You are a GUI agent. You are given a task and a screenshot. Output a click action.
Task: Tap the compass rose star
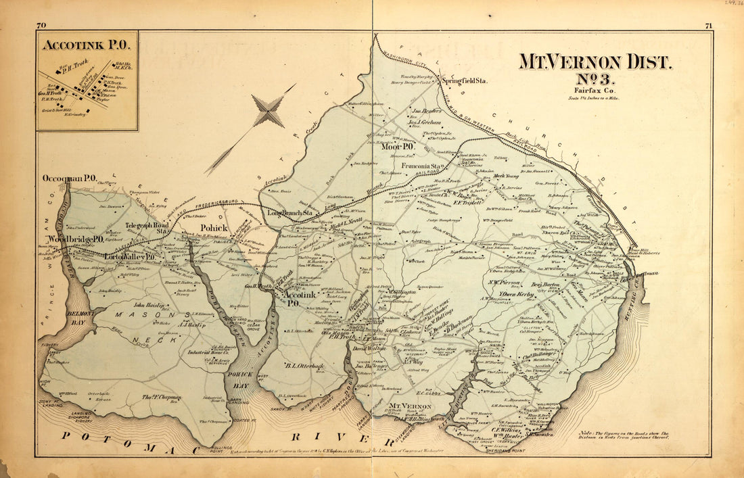coord(269,111)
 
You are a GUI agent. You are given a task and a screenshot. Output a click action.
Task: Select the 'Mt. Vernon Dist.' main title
coord(595,62)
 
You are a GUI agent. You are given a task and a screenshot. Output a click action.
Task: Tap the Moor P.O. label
coord(398,146)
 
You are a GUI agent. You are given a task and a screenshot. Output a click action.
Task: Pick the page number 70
coord(41,25)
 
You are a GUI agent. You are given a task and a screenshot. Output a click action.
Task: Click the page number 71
coord(707,25)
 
